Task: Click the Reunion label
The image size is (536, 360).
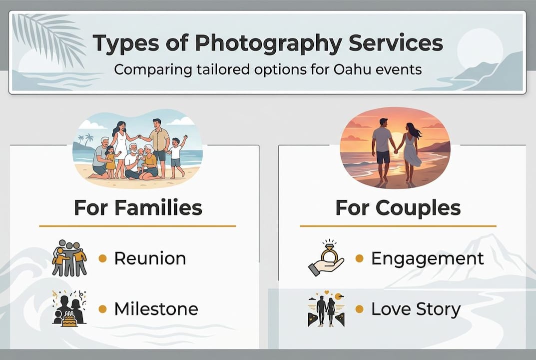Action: [150, 258]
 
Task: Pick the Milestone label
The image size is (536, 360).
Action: [156, 309]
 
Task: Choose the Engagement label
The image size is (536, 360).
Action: [427, 258]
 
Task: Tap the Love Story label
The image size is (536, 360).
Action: [416, 309]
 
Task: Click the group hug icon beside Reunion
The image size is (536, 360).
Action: [69, 258]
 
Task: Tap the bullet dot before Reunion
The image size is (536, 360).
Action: [102, 258]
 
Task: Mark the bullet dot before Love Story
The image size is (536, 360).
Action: [359, 309]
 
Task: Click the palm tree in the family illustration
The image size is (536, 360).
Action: [89, 138]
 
